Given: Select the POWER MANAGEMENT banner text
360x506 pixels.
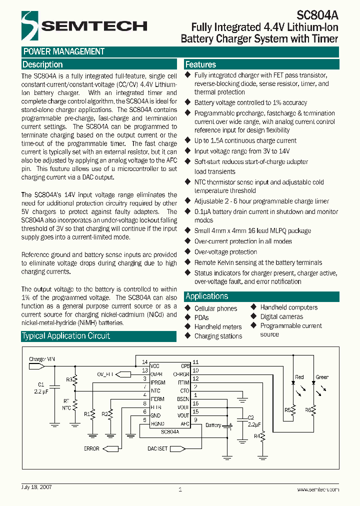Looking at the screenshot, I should coord(64,51).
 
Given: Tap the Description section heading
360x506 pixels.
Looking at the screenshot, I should coord(43,64).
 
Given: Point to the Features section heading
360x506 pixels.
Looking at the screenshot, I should coord(200,64).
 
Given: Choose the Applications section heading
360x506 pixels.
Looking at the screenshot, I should coord(206,296).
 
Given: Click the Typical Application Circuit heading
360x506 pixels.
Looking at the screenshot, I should coord(66,336).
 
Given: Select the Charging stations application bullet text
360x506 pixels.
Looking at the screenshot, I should coord(218,336).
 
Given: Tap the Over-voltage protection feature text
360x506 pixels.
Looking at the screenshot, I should coord(225,252).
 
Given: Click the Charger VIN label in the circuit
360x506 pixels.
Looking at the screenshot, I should coord(42,359).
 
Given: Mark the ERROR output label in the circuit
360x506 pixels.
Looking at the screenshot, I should coord(91,448).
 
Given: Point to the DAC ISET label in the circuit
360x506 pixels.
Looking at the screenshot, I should coord(157,448).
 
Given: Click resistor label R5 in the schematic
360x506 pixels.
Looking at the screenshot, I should coord(287,410).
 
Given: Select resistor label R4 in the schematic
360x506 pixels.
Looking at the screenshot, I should coord(256,436).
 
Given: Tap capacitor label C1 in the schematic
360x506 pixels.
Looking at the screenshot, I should coord(41,384).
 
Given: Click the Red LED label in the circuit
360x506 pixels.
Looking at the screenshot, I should coord(299,377).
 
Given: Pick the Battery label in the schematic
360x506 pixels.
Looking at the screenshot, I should coord(213,425).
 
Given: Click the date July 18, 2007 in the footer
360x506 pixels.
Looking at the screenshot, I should coord(36,486).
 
